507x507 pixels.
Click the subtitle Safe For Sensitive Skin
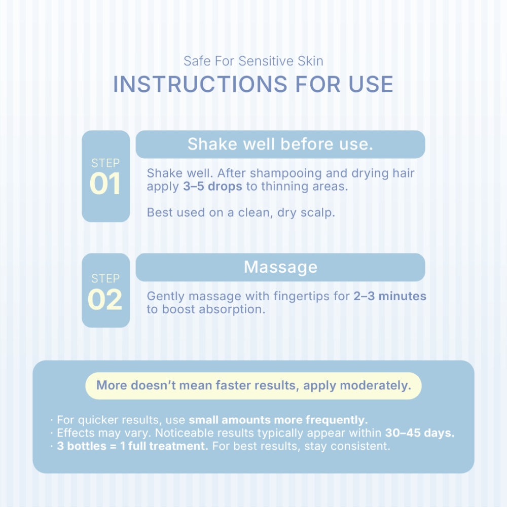253,61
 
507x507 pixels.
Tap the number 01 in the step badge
105,184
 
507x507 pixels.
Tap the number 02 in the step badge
105,300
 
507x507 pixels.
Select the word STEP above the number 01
105,163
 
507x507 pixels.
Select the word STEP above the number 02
105,278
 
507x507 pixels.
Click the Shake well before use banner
280,144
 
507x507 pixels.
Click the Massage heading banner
280,267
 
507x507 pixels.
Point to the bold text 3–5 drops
212,186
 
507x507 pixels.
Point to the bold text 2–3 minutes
390,296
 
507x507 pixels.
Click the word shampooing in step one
286,173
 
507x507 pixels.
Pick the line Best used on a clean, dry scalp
241,212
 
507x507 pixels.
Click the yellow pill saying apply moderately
253,386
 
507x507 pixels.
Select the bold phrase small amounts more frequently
278,420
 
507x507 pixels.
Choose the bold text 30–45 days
420,432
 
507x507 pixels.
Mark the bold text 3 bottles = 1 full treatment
132,446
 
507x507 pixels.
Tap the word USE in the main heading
371,84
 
